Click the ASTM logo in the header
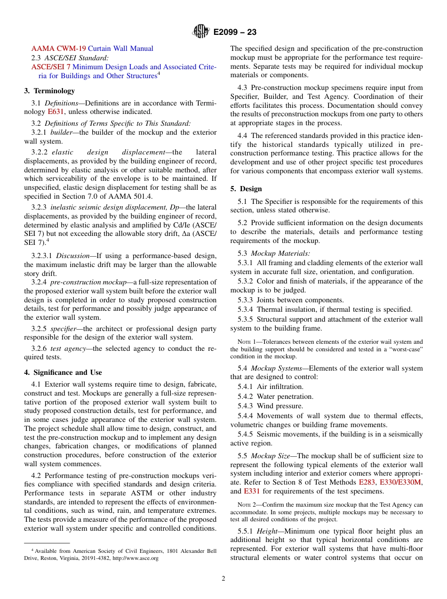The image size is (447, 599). coord(200,32)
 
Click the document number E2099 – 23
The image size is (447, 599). coord(235,32)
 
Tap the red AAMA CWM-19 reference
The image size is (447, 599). coord(59,49)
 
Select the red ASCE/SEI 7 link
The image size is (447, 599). coord(51,67)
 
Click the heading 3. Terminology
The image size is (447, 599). coord(49,91)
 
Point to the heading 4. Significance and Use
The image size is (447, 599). coord(63,372)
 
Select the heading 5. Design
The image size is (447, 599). coord(246,189)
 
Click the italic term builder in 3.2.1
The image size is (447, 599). coord(61,132)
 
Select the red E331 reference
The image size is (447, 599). coord(252,491)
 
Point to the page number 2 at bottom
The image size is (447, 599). coord(223,579)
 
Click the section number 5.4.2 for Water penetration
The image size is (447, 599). coord(247,397)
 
